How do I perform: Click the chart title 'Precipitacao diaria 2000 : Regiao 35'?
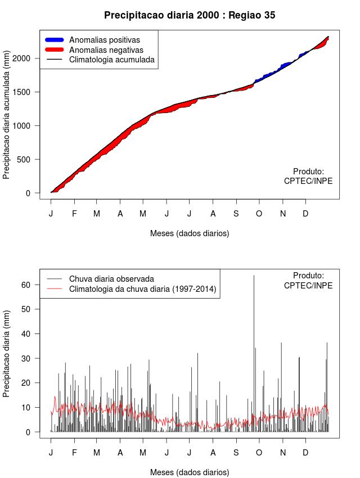[190, 15]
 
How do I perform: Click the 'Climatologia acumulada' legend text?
[111, 59]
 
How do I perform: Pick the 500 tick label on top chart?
[31, 160]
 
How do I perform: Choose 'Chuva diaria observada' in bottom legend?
[111, 278]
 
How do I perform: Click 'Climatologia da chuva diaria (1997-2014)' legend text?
[142, 289]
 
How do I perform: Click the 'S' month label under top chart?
[236, 214]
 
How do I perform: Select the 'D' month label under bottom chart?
[305, 452]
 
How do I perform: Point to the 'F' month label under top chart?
[74, 214]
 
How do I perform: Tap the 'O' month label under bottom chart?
[259, 452]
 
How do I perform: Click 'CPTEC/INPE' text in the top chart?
[308, 181]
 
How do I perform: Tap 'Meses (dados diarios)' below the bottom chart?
[190, 472]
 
